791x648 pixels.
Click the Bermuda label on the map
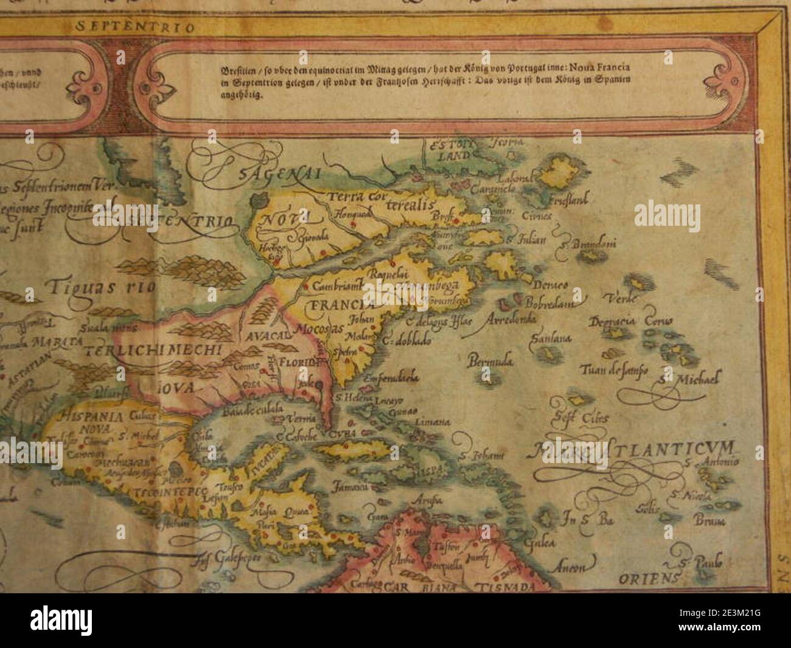click(490, 362)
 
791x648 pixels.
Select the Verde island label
click(621, 298)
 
